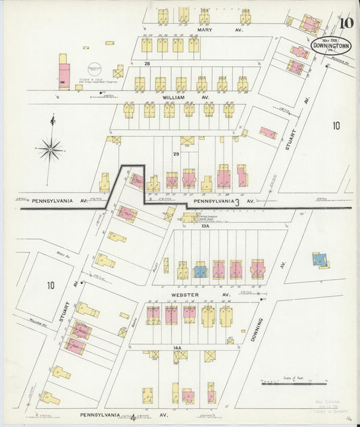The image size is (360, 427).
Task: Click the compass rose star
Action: [51, 147]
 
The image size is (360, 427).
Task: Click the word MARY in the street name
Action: [205, 30]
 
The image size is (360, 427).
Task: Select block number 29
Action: [176, 155]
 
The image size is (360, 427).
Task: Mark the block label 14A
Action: [178, 347]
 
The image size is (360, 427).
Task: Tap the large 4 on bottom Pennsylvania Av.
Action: [133, 417]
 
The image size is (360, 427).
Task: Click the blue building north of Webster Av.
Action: [200, 271]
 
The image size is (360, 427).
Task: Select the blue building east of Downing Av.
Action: [319, 259]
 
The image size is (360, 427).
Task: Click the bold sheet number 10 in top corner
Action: [345, 24]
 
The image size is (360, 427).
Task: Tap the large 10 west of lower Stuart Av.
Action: [50, 285]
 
